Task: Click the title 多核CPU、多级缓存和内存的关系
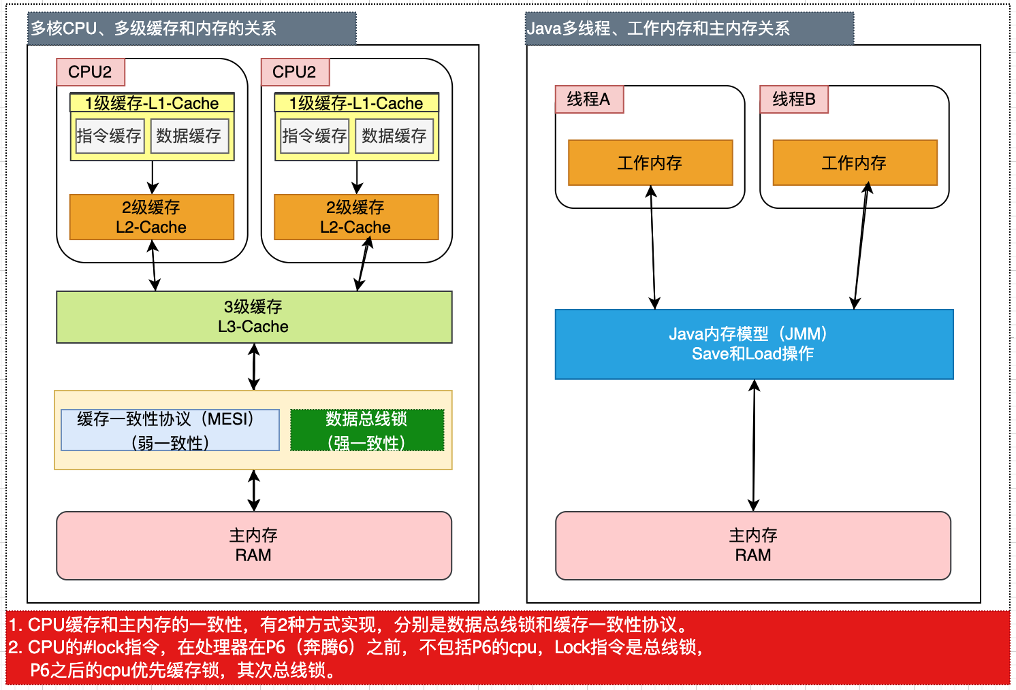click(154, 29)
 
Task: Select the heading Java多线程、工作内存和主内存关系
click(658, 29)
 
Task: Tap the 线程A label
click(588, 99)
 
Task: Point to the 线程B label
click(793, 99)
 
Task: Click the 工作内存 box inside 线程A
click(650, 163)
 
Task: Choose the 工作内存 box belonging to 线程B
click(855, 163)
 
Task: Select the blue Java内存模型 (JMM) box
click(754, 344)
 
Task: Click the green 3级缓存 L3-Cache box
click(253, 317)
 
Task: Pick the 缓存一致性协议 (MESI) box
click(170, 430)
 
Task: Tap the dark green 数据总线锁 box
click(366, 430)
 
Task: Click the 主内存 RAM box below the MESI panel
click(253, 545)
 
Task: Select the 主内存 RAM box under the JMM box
click(752, 545)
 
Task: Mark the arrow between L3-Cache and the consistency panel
click(254, 367)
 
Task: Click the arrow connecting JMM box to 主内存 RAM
click(754, 445)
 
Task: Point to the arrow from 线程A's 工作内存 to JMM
click(653, 247)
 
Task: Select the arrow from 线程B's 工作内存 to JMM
click(861, 247)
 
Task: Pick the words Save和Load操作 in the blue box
click(752, 354)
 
